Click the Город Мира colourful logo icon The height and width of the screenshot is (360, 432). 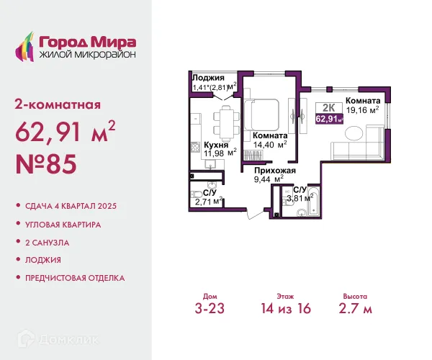click(x=24, y=46)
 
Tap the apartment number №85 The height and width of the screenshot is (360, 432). click(x=46, y=164)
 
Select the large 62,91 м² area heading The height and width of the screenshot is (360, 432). click(x=66, y=131)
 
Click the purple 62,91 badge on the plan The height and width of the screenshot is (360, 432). click(x=330, y=120)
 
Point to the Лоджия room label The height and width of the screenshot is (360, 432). click(x=208, y=78)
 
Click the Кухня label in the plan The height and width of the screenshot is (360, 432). click(x=216, y=145)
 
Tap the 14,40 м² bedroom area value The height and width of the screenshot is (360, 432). click(x=270, y=145)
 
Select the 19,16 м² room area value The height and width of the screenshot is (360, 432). click(x=363, y=110)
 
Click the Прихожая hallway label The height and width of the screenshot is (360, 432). click(x=275, y=171)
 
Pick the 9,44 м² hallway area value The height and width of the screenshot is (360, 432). click(x=269, y=179)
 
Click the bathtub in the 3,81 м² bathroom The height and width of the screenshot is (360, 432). click(x=313, y=201)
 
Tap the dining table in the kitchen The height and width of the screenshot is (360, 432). click(x=226, y=124)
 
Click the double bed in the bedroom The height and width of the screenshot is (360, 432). click(x=262, y=115)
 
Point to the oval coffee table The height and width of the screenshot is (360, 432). click(x=354, y=135)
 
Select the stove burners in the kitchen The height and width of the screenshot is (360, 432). click(x=195, y=147)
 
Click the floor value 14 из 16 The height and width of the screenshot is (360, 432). click(x=286, y=308)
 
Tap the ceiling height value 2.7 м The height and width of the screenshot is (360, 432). click(x=356, y=308)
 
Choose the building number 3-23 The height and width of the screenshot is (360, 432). click(x=210, y=308)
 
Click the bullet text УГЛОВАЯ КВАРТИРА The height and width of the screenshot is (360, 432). click(x=63, y=225)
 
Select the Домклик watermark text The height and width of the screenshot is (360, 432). click(x=68, y=340)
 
